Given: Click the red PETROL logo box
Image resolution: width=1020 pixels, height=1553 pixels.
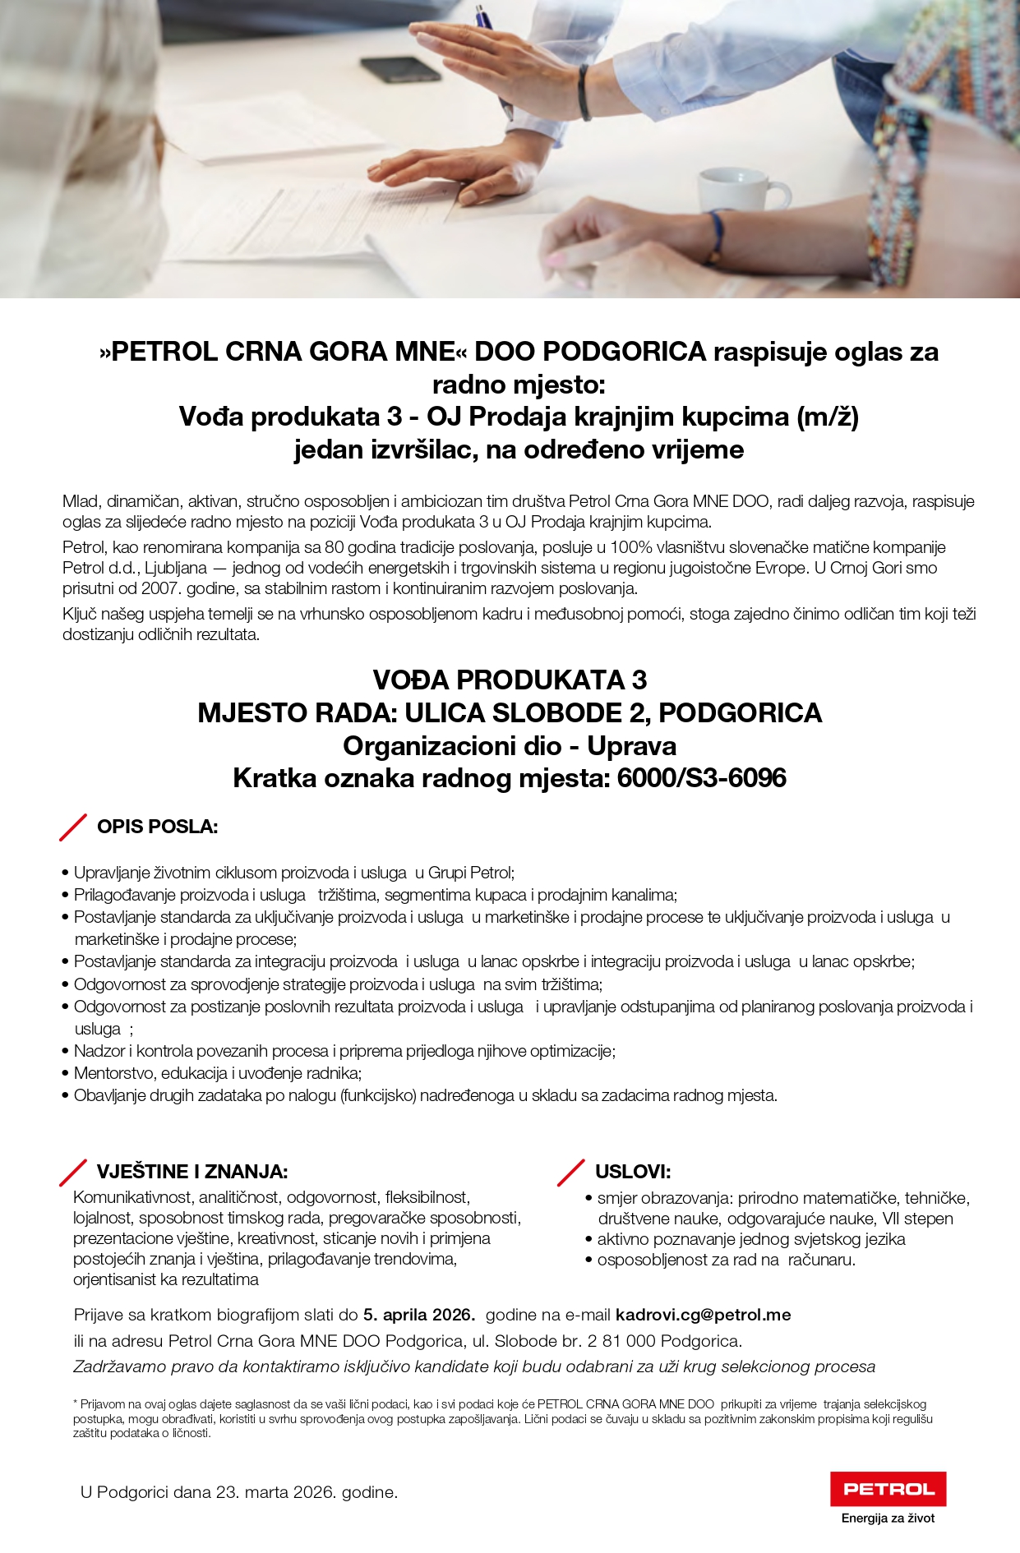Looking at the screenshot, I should point(888,1488).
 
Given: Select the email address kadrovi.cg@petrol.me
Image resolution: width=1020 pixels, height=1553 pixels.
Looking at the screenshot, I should point(703,1315).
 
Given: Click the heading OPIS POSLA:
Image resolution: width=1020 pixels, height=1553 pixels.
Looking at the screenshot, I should point(157,827).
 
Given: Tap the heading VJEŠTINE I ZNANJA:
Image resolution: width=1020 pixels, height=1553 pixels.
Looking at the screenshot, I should point(192,1172).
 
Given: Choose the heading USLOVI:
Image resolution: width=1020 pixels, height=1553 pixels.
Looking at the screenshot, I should point(633,1172).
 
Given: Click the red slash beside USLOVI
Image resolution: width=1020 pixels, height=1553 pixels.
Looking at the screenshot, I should point(570,1173).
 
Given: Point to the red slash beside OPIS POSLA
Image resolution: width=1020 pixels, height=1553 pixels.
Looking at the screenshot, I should point(73,827).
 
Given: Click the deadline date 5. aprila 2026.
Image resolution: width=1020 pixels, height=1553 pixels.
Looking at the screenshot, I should point(419,1315).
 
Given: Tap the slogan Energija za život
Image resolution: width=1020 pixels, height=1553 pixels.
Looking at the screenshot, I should point(888,1518).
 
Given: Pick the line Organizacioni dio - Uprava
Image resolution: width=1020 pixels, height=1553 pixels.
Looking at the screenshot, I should point(510,746).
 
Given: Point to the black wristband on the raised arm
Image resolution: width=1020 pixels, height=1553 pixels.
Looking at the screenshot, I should point(584,92).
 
